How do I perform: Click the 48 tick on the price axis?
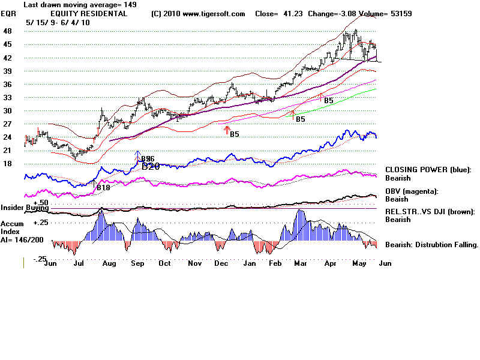[7, 31]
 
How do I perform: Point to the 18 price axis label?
[7, 163]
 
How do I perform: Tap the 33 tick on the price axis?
[7, 97]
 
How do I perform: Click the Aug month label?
[109, 263]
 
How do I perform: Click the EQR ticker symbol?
[9, 13]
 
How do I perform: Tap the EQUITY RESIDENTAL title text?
[89, 13]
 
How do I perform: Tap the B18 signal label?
[103, 188]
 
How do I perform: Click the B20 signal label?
[151, 166]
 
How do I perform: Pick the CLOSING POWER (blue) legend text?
[428, 170]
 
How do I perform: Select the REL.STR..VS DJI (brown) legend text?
[430, 211]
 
